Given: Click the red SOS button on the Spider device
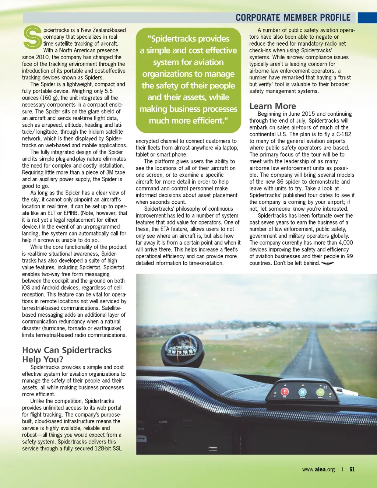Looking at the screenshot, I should [285, 392].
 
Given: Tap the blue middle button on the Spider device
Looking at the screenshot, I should [302, 393].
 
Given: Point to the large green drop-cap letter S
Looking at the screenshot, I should [32, 38].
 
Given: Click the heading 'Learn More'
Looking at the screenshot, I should [272, 106].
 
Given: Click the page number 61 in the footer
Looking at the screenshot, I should [352, 469].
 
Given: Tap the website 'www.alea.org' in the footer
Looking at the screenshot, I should [318, 469].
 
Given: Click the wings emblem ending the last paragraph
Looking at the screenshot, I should [327, 263].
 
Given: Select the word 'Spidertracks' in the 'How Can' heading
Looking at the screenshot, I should [87, 350].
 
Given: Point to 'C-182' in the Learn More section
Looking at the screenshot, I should [343, 134].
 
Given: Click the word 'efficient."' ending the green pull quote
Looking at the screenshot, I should [206, 120].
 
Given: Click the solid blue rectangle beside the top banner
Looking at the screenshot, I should [367, 18].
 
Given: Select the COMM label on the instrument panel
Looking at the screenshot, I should [163, 422].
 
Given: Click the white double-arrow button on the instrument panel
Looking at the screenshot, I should [141, 439].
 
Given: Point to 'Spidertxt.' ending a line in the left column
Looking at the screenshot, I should [111, 267].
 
